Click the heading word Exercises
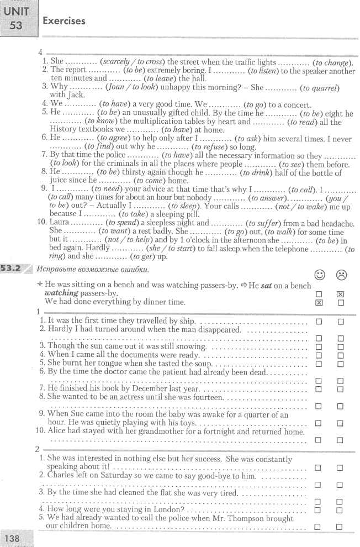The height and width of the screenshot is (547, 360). pos(64,21)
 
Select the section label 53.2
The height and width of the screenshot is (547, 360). pos(13,270)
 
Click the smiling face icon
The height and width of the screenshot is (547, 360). pos(319,275)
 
